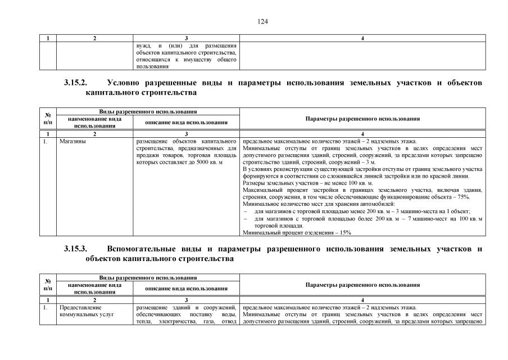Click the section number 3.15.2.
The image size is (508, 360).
tap(75, 83)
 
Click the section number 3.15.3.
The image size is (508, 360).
tap(75, 249)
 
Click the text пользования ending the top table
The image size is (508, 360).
tap(152, 66)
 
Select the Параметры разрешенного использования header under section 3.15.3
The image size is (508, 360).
tap(362, 285)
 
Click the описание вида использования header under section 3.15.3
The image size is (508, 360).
tap(186, 289)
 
